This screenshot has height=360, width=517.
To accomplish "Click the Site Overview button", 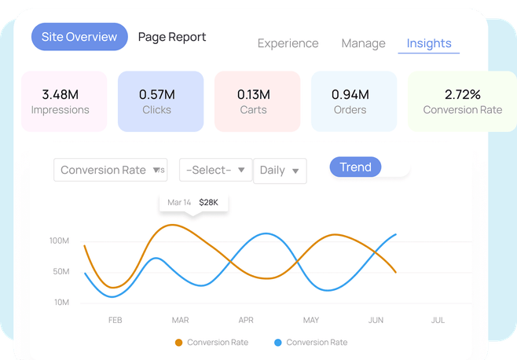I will (x=79, y=37).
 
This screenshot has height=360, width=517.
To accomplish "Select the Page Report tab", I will (x=171, y=37).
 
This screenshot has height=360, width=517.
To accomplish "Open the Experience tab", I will (x=288, y=43).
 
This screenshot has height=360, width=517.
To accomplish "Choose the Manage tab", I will (x=363, y=43).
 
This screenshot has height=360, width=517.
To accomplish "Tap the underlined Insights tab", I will (x=429, y=43).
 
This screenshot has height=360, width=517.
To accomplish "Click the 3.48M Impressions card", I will (x=64, y=101).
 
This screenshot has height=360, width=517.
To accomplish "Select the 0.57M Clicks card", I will (x=160, y=101).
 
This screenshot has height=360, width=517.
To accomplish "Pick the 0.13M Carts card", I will (x=257, y=101).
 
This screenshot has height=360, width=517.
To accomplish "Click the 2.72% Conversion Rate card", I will (x=461, y=101).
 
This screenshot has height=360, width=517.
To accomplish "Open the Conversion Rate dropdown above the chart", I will (x=110, y=170).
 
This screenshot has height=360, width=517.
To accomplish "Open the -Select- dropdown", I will (x=215, y=170).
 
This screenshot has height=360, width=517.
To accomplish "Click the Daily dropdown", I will (x=280, y=170).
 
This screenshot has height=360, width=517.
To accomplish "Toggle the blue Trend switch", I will (x=368, y=167).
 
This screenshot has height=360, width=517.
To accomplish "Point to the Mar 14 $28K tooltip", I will (x=193, y=203).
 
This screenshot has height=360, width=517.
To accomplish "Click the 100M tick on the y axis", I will (x=60, y=241).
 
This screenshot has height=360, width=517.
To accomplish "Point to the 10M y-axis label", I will (x=61, y=303).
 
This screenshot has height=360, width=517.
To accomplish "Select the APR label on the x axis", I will (x=246, y=320).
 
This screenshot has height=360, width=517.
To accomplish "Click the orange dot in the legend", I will (x=179, y=343).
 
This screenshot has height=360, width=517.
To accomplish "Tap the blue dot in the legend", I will (x=278, y=343).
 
